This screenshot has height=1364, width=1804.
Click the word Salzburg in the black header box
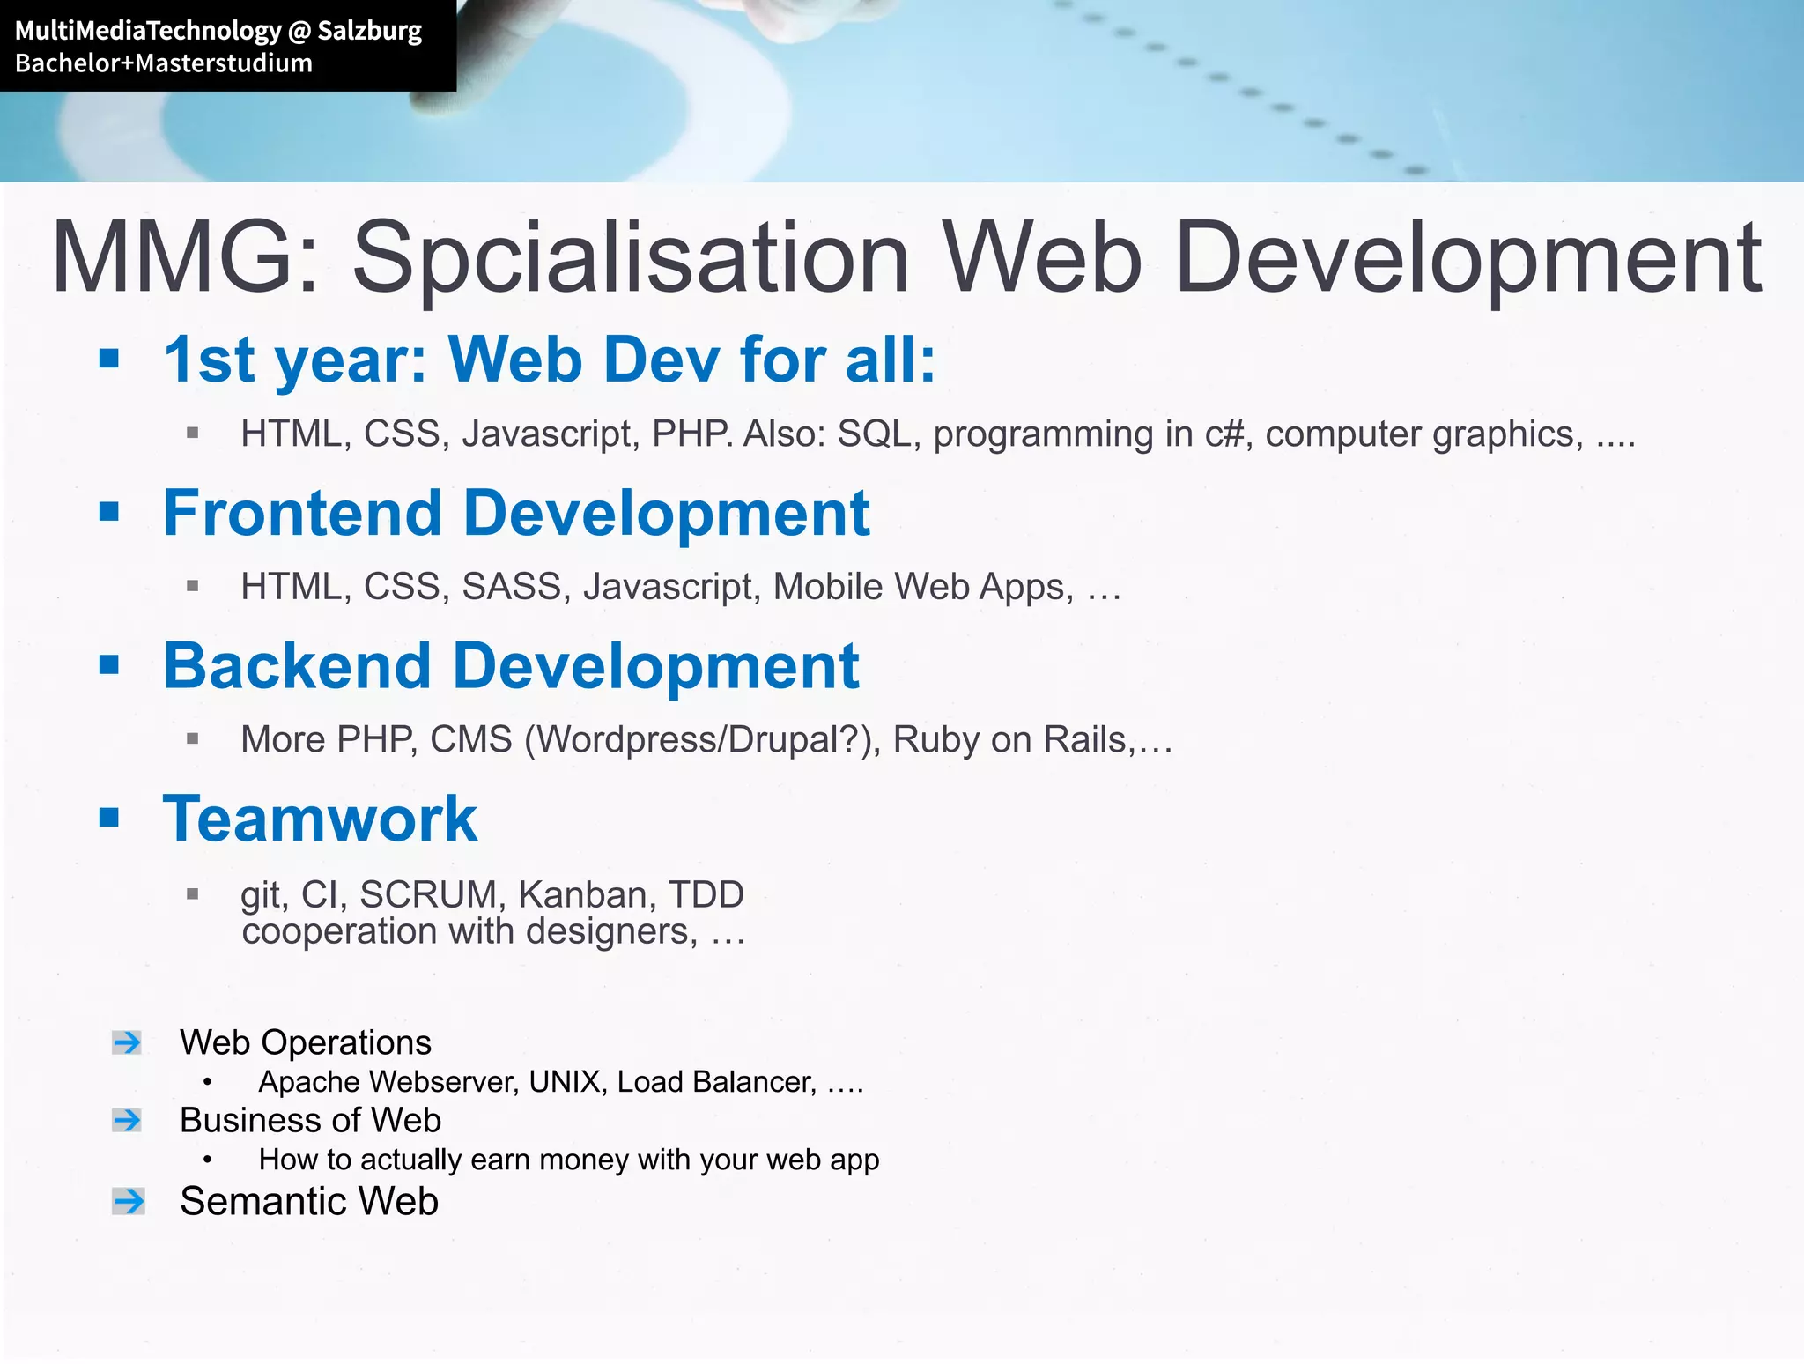click(369, 32)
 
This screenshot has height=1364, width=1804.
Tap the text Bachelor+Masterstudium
click(164, 63)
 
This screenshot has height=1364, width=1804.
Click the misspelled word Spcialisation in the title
click(630, 257)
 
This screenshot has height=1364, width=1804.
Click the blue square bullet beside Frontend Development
click(109, 511)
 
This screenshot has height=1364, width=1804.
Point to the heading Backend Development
click(511, 666)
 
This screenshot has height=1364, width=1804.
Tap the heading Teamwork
click(321, 819)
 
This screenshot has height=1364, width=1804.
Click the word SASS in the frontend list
click(512, 587)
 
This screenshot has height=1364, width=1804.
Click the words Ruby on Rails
click(1009, 740)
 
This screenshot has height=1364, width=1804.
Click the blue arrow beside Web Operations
click(128, 1042)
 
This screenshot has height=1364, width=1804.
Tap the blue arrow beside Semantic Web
click(129, 1201)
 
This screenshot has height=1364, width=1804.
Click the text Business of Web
click(310, 1120)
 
